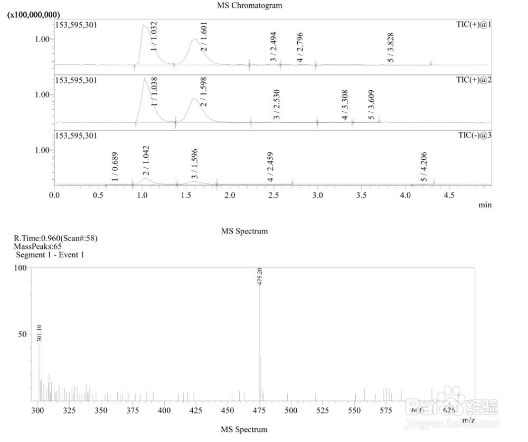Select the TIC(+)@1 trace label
(x=474, y=25)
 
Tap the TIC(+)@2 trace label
(x=474, y=80)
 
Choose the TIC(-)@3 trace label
(x=474, y=136)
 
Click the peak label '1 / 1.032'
(x=155, y=36)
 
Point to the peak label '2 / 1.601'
(x=203, y=36)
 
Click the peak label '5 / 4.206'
(x=423, y=167)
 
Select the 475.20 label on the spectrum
(x=260, y=276)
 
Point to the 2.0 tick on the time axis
(x=230, y=195)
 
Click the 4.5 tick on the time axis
(x=449, y=195)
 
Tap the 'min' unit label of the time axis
(x=485, y=205)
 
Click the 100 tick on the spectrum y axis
(x=20, y=268)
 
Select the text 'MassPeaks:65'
(x=38, y=246)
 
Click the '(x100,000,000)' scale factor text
(x=33, y=15)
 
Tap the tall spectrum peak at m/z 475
(x=259, y=343)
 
